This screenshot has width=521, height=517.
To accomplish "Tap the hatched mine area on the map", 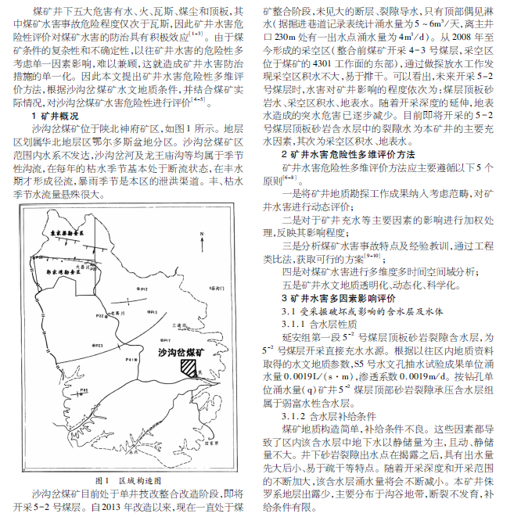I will click(x=189, y=365).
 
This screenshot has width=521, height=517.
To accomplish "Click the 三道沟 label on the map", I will click(x=178, y=325).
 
